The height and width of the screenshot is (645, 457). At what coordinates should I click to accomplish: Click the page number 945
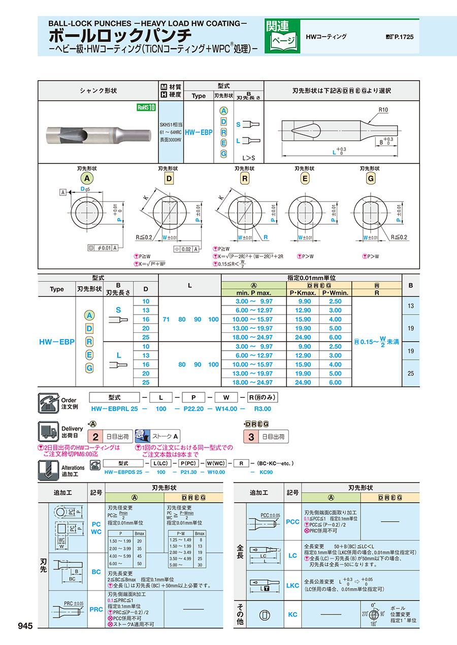[x=25, y=626]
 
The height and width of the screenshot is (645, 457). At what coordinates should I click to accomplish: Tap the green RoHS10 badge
[x=146, y=107]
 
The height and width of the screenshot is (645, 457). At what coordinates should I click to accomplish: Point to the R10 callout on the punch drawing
[x=384, y=110]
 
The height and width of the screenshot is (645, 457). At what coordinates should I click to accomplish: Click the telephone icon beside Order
[x=48, y=402]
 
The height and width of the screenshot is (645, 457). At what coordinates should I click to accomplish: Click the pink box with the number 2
[x=95, y=436]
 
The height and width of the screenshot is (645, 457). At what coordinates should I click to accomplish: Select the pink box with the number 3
[x=251, y=436]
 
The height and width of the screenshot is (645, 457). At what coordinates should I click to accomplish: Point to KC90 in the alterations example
[x=267, y=472]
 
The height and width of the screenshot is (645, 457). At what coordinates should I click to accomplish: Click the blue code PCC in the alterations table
[x=292, y=521]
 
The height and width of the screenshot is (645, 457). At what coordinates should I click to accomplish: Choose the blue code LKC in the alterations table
[x=292, y=585]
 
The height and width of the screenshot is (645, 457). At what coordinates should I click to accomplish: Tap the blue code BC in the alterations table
[x=96, y=572]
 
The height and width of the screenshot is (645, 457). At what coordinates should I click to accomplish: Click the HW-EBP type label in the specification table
[x=56, y=342]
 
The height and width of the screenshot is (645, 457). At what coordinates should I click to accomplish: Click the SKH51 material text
[x=170, y=124]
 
